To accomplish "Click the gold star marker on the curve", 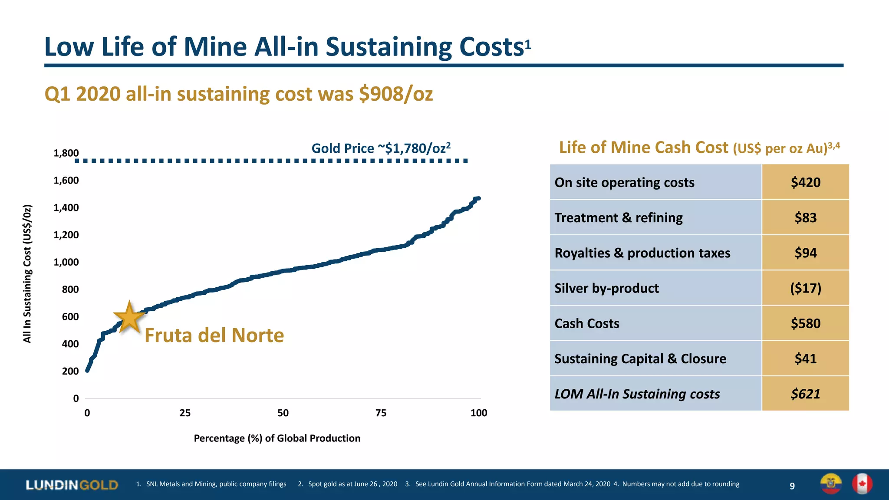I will pyautogui.click(x=129, y=317).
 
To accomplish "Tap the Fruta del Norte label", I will pyautogui.click(x=214, y=336).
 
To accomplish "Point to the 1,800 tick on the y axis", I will pyautogui.click(x=66, y=153).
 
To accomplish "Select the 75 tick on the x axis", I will pyautogui.click(x=381, y=413).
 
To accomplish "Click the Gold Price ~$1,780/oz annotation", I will pyautogui.click(x=381, y=148).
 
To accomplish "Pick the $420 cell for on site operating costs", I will pyautogui.click(x=805, y=182).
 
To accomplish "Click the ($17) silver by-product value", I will pyautogui.click(x=805, y=288).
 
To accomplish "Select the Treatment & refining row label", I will pyautogui.click(x=618, y=218).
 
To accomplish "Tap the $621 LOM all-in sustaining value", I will pyautogui.click(x=805, y=394).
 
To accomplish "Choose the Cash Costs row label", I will pyautogui.click(x=586, y=324).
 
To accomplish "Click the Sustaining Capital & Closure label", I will pyautogui.click(x=640, y=359).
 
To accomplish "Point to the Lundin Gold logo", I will pyautogui.click(x=72, y=485).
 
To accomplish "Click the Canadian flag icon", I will pyautogui.click(x=862, y=484).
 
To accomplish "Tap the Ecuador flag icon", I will pyautogui.click(x=830, y=484).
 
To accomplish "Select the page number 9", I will pyautogui.click(x=792, y=486).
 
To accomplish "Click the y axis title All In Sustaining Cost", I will pyautogui.click(x=27, y=273).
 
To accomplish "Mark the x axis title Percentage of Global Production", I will pyautogui.click(x=277, y=438).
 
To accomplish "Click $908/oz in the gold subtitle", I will pyautogui.click(x=395, y=94).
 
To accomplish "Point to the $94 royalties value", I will pyautogui.click(x=805, y=253).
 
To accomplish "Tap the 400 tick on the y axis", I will pyautogui.click(x=70, y=344).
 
